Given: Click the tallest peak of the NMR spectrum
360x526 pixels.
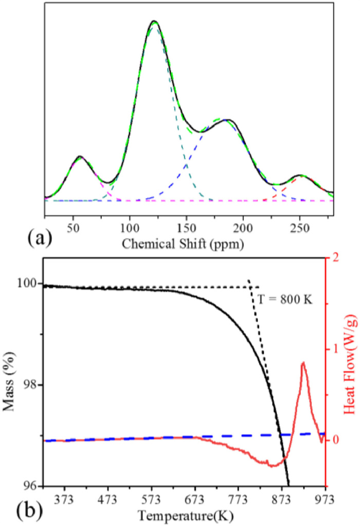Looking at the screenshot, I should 154,22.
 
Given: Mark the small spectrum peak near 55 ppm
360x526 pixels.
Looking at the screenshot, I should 80,156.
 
